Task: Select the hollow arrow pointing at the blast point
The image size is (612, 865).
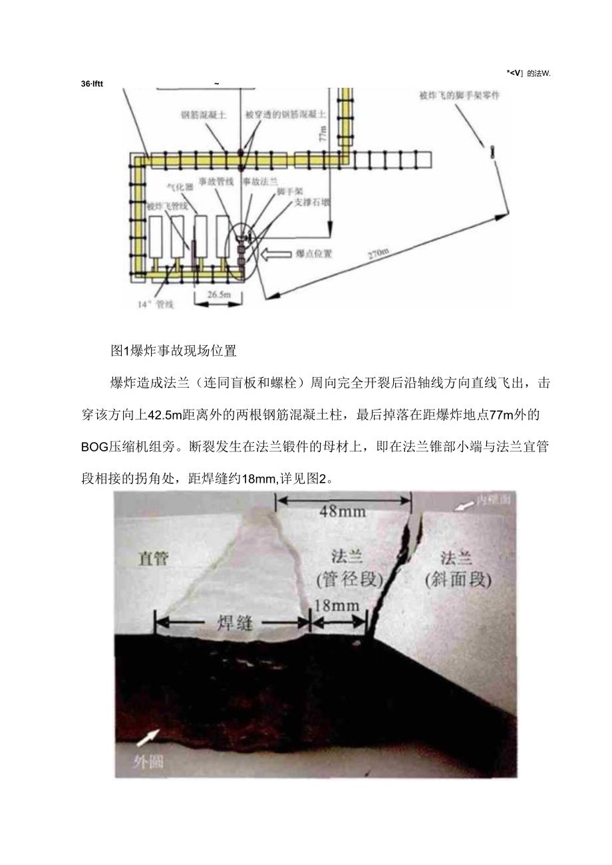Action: point(276,253)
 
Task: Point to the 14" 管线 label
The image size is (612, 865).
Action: point(155,305)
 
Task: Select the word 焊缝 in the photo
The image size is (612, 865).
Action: point(233,623)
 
